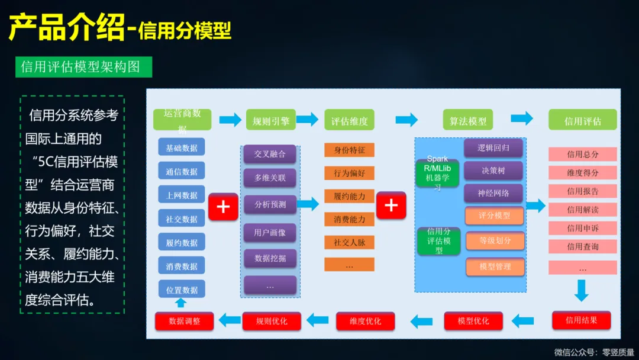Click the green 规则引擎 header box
[271, 121]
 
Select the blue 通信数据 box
[182, 172]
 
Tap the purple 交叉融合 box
[270, 155]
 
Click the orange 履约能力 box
[349, 196]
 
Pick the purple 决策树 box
[493, 171]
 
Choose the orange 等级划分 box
[495, 241]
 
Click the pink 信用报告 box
[583, 191]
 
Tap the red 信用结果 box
[581, 320]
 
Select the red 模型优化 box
[473, 321]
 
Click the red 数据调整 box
[185, 321]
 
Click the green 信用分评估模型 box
[439, 241]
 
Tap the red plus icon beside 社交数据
[223, 207]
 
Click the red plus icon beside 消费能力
[391, 205]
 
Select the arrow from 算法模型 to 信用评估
[522, 118]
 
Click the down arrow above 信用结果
[582, 291]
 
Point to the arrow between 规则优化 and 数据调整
[230, 321]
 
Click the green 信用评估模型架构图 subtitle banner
[83, 67]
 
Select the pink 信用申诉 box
[583, 228]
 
